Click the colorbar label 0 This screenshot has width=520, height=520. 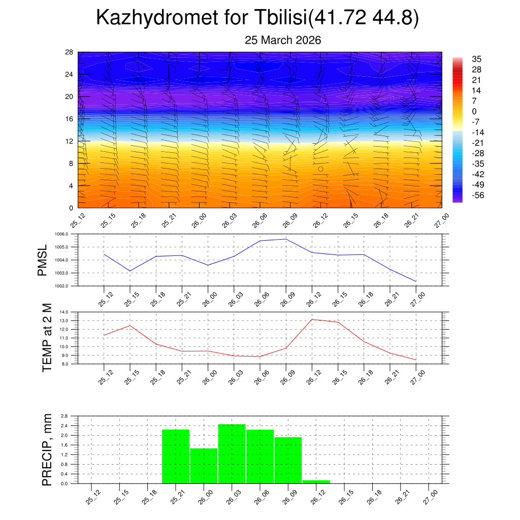click(x=474, y=111)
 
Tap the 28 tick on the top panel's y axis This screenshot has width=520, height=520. click(x=69, y=52)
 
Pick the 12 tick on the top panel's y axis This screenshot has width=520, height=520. click(x=69, y=141)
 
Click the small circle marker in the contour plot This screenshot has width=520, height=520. click(x=320, y=169)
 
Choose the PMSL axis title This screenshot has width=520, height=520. click(x=42, y=261)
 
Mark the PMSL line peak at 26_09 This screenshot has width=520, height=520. click(x=286, y=239)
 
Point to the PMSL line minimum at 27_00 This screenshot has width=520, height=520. click(x=416, y=281)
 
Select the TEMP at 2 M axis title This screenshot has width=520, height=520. click(x=47, y=338)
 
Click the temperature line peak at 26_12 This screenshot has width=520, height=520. click(x=312, y=319)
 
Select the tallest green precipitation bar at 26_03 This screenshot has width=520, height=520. click(x=232, y=453)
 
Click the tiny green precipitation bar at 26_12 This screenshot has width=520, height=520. click(x=316, y=481)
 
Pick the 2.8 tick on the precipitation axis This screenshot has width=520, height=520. click(x=64, y=416)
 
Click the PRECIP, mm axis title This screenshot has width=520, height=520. click(x=47, y=449)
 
